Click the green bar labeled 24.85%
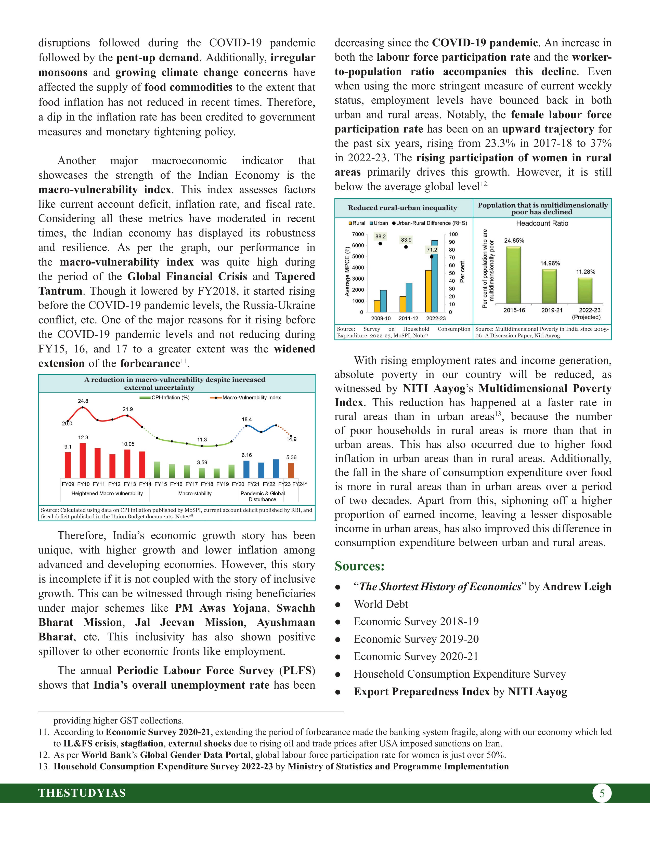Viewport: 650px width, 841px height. [513, 275]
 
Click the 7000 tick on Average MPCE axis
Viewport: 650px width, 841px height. [358, 234]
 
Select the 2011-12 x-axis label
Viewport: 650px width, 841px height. [408, 318]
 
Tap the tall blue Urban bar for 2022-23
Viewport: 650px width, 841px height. [435, 276]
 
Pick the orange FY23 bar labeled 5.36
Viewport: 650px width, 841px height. [291, 470]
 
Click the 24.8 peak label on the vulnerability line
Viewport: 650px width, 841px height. [83, 401]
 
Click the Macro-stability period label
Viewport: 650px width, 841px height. [195, 493]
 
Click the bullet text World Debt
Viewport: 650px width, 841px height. [381, 604]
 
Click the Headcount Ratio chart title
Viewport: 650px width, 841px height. [542, 223]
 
